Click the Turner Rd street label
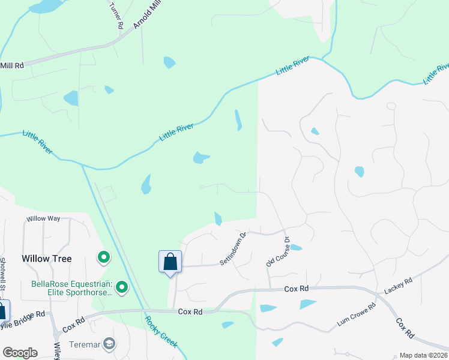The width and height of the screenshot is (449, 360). tap(115, 16)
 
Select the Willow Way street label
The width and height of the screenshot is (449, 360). tap(43, 218)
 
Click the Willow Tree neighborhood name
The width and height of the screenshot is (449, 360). tap(47, 259)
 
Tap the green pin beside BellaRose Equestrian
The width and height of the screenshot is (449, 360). tap(122, 288)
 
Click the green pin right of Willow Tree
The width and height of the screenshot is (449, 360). tap(104, 258)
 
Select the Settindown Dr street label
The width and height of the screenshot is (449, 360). tap(234, 249)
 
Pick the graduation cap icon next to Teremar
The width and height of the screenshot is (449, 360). tap(109, 344)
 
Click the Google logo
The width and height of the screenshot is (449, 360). tap(20, 353)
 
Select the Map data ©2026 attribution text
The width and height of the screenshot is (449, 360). tap(423, 355)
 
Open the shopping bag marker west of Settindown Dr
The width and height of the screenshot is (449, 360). tap(170, 262)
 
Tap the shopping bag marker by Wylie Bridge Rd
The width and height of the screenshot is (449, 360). tap(2, 310)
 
